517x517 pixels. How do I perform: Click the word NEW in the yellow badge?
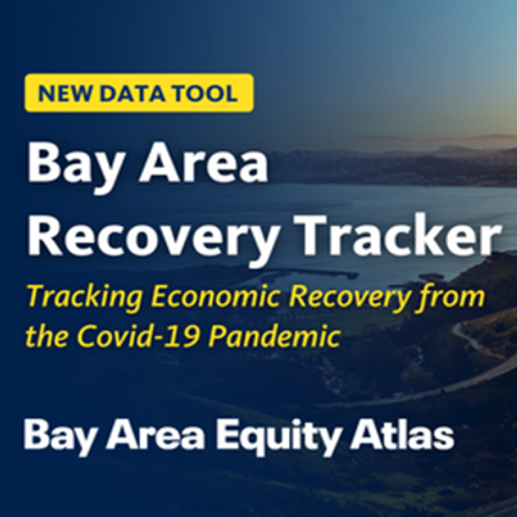click(64, 93)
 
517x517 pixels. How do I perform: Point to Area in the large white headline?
click(203, 163)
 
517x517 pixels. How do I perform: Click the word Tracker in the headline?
click(398, 236)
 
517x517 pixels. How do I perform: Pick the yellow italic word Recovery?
click(349, 298)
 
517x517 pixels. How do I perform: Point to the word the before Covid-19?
click(47, 335)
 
